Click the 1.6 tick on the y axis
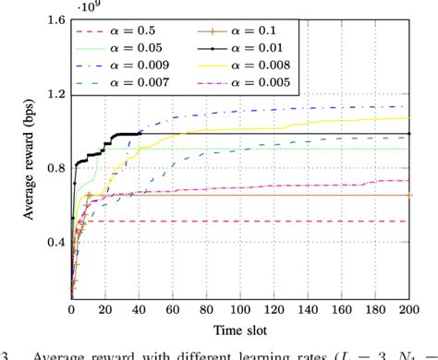(x=55, y=19)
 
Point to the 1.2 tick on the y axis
(x=55, y=94)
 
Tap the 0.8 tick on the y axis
(x=55, y=168)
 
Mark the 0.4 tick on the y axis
(x=55, y=243)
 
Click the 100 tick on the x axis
(x=240, y=307)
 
